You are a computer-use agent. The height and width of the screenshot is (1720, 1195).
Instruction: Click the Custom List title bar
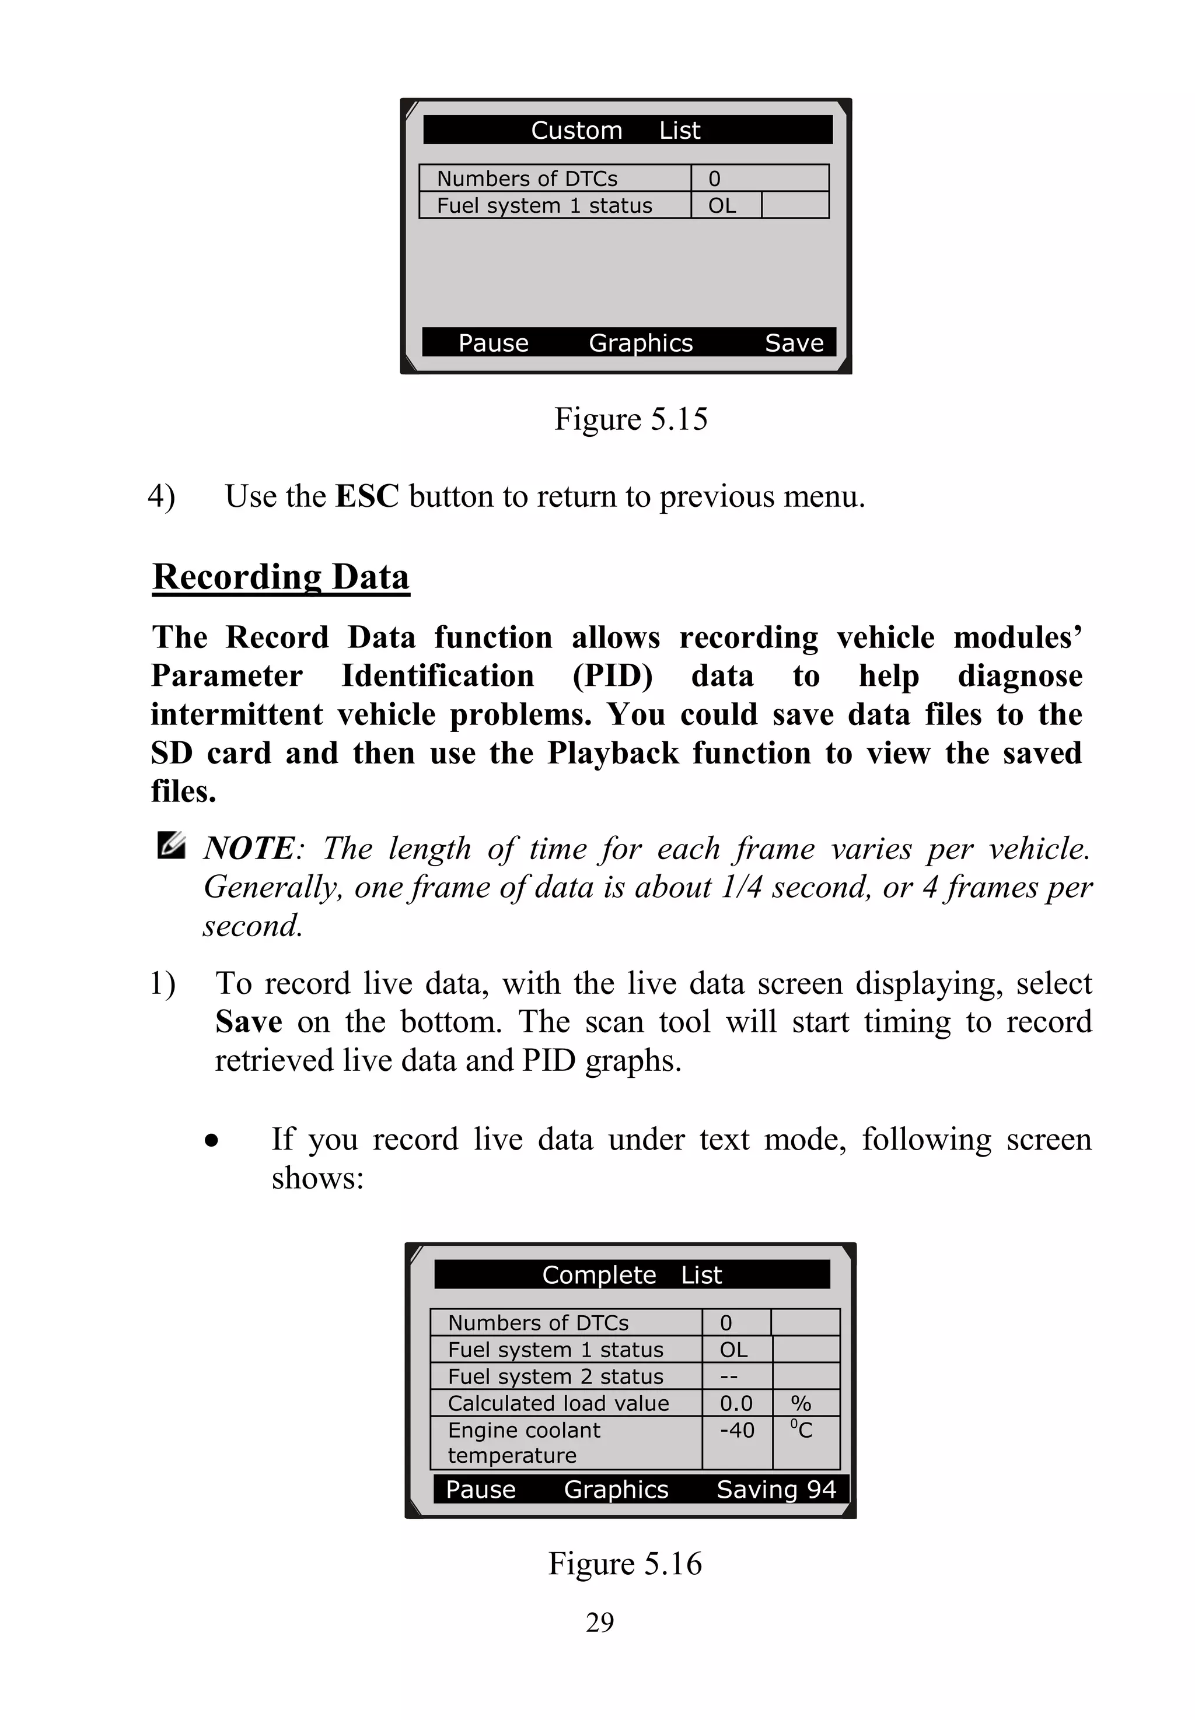click(627, 129)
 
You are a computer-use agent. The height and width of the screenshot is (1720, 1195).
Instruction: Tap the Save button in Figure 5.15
click(794, 343)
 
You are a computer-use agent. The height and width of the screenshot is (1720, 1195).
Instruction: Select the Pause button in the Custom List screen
click(494, 343)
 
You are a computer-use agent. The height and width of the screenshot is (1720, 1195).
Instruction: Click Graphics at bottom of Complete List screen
click(616, 1490)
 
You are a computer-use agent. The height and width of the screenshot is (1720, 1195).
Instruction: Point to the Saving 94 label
click(775, 1490)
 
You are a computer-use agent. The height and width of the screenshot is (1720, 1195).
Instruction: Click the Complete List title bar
click(631, 1274)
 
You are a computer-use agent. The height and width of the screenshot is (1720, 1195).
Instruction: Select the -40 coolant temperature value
click(737, 1430)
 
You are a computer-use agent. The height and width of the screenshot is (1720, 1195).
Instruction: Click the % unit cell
click(801, 1403)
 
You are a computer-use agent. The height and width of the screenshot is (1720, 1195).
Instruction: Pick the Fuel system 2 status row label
click(555, 1376)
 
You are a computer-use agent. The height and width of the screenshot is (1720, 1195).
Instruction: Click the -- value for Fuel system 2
click(729, 1376)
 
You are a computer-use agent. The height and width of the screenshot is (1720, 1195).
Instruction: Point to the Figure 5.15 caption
click(630, 419)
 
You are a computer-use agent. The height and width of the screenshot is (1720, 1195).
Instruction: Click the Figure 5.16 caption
click(624, 1564)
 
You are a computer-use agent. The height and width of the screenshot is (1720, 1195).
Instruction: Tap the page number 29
click(600, 1623)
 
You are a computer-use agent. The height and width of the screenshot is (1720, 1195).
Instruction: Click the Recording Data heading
click(281, 577)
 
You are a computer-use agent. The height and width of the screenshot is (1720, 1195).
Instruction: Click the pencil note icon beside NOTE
click(171, 846)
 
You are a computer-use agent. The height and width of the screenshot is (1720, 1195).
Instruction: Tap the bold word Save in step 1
click(249, 1022)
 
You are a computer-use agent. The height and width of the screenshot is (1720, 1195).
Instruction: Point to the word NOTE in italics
click(249, 849)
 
